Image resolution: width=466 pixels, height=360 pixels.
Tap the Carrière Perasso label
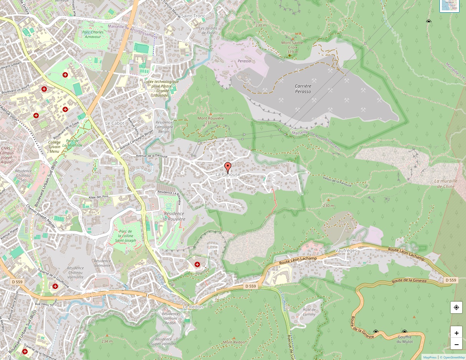(x=303, y=89)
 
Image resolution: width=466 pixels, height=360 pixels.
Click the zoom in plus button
(x=456, y=333)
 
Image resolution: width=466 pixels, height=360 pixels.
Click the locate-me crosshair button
(x=456, y=307)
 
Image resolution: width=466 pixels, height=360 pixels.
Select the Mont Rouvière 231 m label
(x=211, y=121)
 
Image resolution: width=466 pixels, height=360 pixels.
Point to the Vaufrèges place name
(x=346, y=250)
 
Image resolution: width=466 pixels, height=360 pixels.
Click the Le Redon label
(x=193, y=307)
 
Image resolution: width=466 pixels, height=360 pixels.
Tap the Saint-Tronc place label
(x=193, y=16)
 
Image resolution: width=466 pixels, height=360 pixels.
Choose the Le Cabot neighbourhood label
(x=115, y=123)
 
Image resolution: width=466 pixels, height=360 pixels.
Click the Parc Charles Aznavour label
(x=93, y=35)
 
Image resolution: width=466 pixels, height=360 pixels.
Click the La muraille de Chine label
(x=446, y=183)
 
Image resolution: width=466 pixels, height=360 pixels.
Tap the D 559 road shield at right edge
(x=451, y=280)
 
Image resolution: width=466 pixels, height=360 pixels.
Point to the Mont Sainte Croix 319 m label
(x=292, y=47)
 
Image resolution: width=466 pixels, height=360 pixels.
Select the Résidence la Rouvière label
(x=174, y=216)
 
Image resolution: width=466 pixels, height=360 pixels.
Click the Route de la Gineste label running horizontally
(x=409, y=281)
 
